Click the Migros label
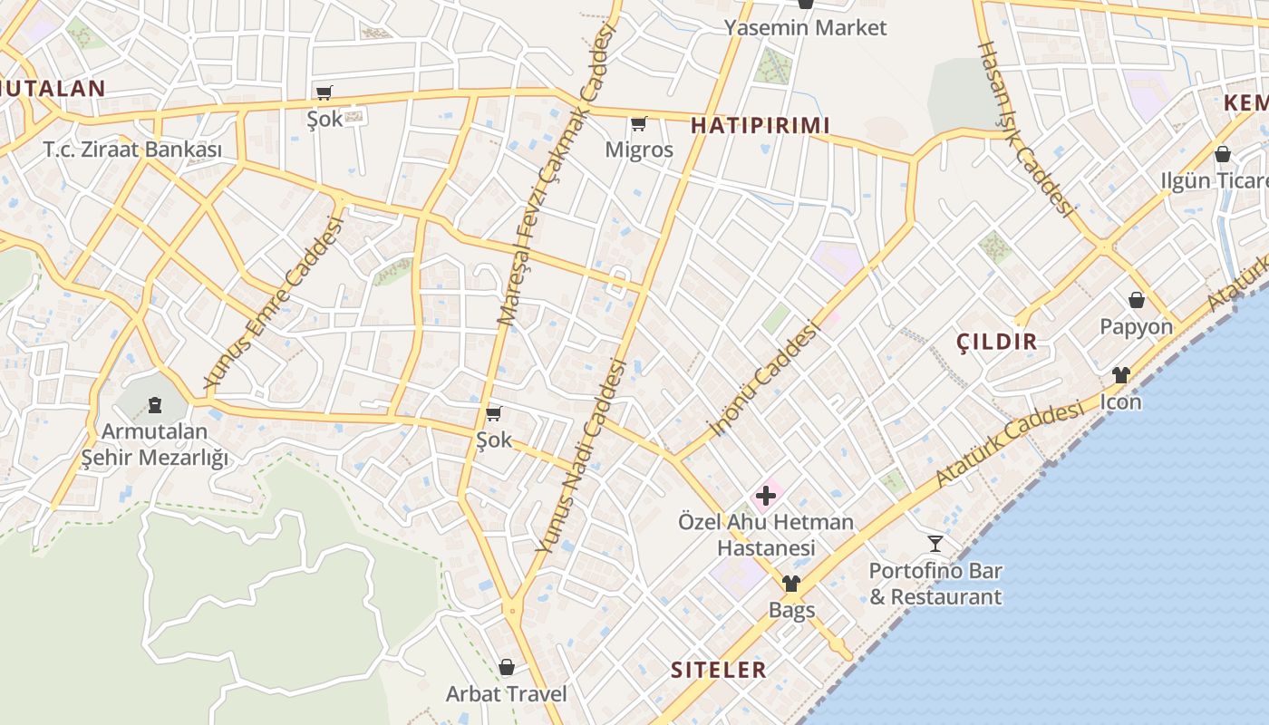pos(639,150)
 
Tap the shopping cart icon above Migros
pos(639,123)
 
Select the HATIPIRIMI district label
pos(760,125)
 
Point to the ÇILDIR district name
pos(997,342)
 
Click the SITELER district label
pos(719,670)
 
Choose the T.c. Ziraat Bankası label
pos(132,150)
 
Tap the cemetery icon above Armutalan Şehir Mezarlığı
pos(154,403)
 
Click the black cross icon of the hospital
pos(766,495)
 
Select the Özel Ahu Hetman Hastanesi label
pos(766,535)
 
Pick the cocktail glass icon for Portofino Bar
pos(935,544)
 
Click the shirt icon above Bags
pos(791,584)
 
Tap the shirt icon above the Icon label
pos(1121,375)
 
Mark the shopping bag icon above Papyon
pos(1137,300)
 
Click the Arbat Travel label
pos(506,694)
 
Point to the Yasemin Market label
pos(805,27)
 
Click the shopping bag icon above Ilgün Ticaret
pos(1222,154)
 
